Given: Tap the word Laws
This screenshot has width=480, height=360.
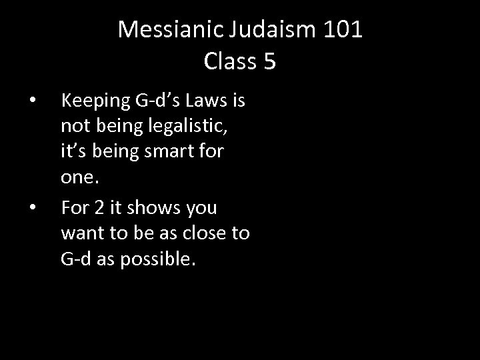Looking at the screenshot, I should click(207, 102).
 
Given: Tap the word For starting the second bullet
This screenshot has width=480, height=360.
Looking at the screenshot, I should click(74, 209).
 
